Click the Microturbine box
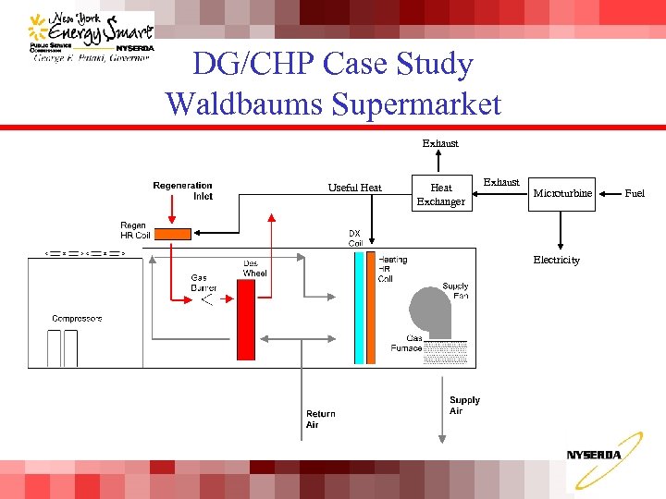coord(562,193)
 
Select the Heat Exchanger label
coord(440,194)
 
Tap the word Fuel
coord(635,193)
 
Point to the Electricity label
coord(556,260)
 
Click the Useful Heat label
coord(354,188)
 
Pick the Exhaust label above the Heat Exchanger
coord(440,143)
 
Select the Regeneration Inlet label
coord(183,190)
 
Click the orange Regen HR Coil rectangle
coord(173,232)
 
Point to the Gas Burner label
coord(203,283)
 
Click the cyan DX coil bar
coord(358,296)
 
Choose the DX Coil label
coord(355,238)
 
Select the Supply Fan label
coord(455,291)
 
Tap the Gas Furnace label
coord(407,343)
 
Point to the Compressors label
coord(77,319)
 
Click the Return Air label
coord(320,420)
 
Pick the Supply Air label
coord(464,406)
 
